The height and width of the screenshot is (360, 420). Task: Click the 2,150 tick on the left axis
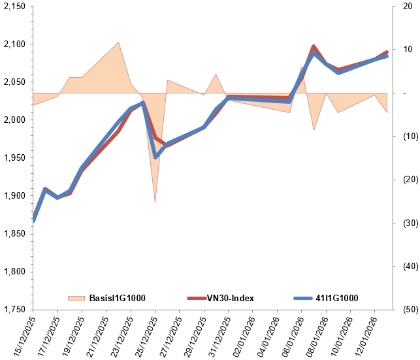pyautogui.click(x=14, y=7)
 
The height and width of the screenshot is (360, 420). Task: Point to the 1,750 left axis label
pyautogui.click(x=14, y=310)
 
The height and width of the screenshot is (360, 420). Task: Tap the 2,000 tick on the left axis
pyautogui.click(x=14, y=120)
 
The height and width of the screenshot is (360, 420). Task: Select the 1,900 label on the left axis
pyautogui.click(x=14, y=196)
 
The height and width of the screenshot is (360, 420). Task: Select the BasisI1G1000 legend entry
pyautogui.click(x=118, y=298)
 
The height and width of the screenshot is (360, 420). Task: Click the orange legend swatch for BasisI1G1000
pyautogui.click(x=76, y=298)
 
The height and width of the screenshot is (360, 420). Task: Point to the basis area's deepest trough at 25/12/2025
pyautogui.click(x=155, y=201)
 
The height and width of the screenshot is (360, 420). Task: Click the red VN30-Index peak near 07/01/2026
pyautogui.click(x=314, y=47)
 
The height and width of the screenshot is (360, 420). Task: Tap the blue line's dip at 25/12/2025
pyautogui.click(x=155, y=157)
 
